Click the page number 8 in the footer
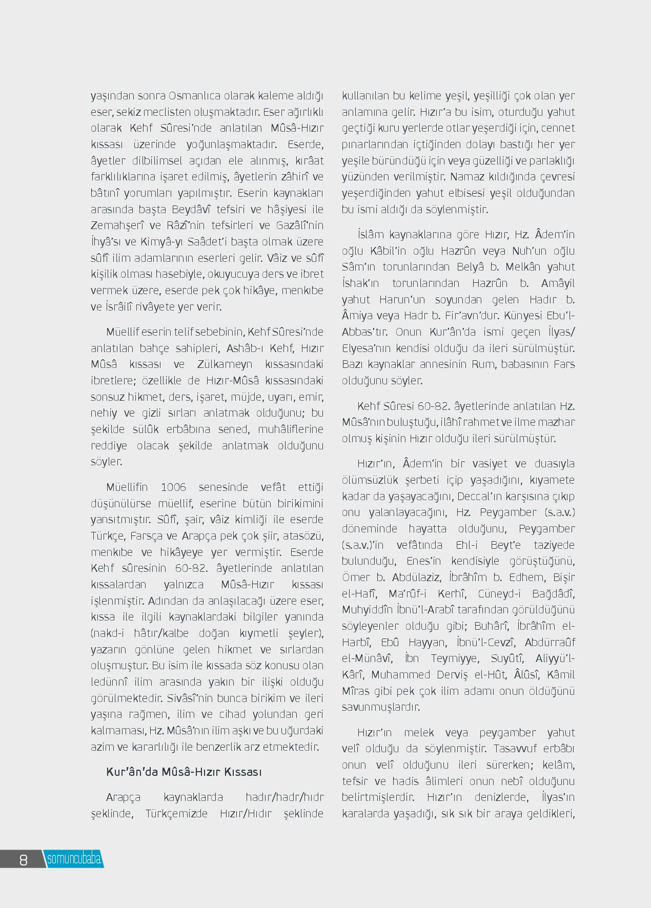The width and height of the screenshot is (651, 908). pos(23,860)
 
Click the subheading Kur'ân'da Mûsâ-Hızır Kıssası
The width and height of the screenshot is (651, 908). pos(184,772)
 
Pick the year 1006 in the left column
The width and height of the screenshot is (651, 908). pos(173,487)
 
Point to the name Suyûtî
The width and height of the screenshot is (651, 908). pos(506,658)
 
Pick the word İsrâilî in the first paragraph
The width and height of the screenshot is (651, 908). pos(123,307)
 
